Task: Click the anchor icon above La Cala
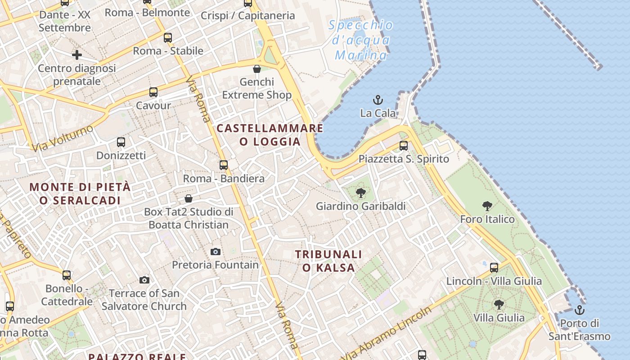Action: click(x=378, y=99)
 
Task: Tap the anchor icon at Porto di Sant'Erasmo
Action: click(x=580, y=310)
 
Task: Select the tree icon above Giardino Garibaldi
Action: click(x=360, y=193)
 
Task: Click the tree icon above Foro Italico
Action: click(x=487, y=206)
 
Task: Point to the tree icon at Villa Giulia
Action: click(x=499, y=305)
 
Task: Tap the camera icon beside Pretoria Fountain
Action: click(x=216, y=252)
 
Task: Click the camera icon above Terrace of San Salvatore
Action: click(x=144, y=280)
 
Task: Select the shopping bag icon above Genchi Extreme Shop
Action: click(x=256, y=69)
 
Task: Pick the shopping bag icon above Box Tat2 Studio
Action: click(x=189, y=198)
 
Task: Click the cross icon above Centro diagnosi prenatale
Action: click(x=77, y=55)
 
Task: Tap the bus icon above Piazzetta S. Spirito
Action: click(x=404, y=146)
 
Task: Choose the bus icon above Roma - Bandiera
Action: click(x=224, y=165)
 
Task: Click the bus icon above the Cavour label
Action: click(x=153, y=92)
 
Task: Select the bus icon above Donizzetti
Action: click(x=121, y=142)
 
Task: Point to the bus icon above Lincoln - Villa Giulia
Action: click(x=494, y=268)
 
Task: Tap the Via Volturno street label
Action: click(x=63, y=138)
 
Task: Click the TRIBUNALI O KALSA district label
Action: click(x=328, y=261)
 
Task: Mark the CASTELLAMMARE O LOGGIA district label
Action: click(x=270, y=135)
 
